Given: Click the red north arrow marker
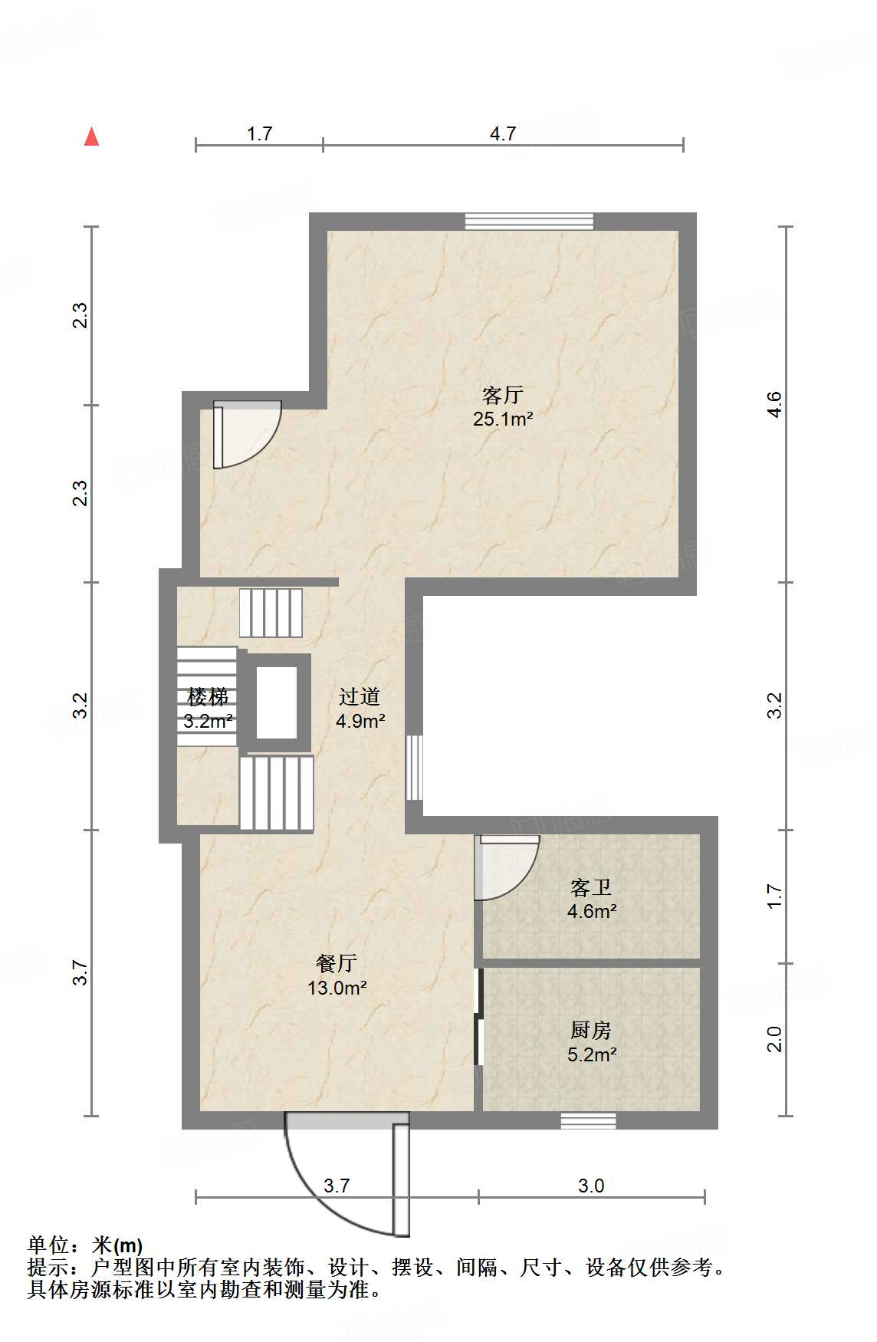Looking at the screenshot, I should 92,137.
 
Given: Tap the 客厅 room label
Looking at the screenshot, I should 502,395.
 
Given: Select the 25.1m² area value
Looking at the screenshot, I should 502,419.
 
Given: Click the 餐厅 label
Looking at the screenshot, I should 337,963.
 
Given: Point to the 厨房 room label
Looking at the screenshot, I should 591,1030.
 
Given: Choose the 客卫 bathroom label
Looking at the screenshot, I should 591,887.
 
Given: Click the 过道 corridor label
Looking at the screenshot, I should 360,696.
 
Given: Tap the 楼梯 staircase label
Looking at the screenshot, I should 208,696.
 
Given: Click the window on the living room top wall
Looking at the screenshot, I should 529,222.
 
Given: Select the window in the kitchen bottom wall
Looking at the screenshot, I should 588,1121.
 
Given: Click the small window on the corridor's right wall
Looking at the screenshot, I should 414,768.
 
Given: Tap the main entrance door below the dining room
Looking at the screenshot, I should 349,1173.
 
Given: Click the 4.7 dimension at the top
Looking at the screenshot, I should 503,133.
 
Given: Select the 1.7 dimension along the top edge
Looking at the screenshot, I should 260,133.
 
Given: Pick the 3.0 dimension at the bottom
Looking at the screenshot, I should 591,1186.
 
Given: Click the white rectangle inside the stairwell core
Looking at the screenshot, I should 276,703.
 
